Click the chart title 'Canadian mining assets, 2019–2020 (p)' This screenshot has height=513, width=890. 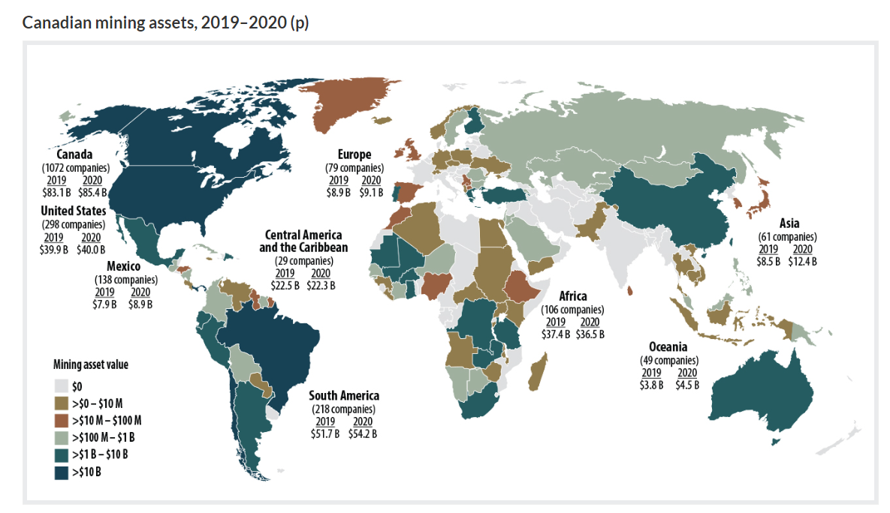pyautogui.click(x=165, y=22)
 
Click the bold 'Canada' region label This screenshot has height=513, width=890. pyautogui.click(x=74, y=154)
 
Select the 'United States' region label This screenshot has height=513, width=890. pyautogui.click(x=73, y=211)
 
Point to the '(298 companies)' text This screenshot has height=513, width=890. pyautogui.click(x=73, y=224)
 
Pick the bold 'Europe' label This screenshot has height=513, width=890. pyautogui.click(x=354, y=155)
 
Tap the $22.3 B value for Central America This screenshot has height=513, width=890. pyautogui.click(x=321, y=285)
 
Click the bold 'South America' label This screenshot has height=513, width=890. pyautogui.click(x=344, y=395)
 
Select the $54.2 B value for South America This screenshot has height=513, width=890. pyautogui.click(x=362, y=433)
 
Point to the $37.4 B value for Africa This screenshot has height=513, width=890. pyautogui.click(x=556, y=334)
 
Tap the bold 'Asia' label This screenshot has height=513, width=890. pyautogui.click(x=789, y=223)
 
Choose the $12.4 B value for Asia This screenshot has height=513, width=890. pyautogui.click(x=801, y=261)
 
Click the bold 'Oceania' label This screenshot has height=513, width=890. pyautogui.click(x=668, y=347)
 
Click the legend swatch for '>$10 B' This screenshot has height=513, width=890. pyautogui.click(x=62, y=472)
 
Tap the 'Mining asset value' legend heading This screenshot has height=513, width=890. pyautogui.click(x=90, y=366)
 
